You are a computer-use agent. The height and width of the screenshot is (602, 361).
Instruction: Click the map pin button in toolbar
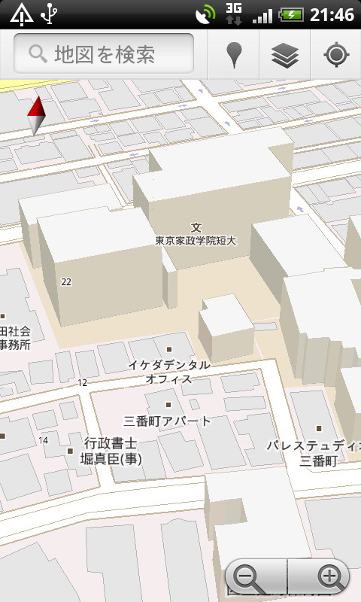(x=234, y=54)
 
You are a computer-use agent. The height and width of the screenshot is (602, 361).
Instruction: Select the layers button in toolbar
(x=285, y=54)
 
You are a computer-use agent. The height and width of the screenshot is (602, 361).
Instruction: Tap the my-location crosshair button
(x=335, y=54)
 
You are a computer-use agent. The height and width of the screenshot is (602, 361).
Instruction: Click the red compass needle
(x=35, y=117)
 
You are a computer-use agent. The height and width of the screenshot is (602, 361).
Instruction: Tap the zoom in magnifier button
(x=329, y=578)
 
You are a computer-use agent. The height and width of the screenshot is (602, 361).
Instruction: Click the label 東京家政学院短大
(x=196, y=241)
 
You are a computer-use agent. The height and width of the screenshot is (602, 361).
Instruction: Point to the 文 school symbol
(x=196, y=227)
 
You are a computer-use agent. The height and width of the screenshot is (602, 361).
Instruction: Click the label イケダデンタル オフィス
(x=169, y=372)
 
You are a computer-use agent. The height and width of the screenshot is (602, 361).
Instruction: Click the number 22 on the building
(x=66, y=281)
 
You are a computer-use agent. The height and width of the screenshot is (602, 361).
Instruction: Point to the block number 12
(x=82, y=382)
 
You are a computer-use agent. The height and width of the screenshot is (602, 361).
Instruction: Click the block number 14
(x=43, y=440)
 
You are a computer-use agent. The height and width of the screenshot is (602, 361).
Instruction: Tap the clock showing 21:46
(x=331, y=14)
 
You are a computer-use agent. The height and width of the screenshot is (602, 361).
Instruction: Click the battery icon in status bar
(x=291, y=14)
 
